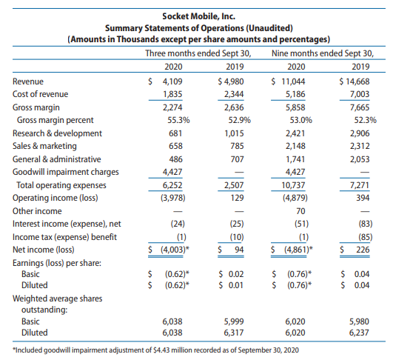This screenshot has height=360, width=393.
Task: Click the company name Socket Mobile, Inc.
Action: click(199, 16)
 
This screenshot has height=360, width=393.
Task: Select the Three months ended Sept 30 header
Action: click(198, 53)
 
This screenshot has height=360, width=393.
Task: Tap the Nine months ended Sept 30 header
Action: click(323, 53)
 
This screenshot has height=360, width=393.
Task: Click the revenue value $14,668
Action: click(355, 81)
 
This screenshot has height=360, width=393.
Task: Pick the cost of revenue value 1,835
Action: click(172, 94)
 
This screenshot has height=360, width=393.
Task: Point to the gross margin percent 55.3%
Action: click(178, 121)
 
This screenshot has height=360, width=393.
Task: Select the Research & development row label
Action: click(57, 133)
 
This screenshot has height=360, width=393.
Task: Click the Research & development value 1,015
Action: click(234, 133)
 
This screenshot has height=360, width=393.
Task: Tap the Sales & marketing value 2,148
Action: click(295, 146)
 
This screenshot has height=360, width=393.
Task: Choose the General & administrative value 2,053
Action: click(360, 159)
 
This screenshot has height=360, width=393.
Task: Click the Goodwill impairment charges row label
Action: click(66, 172)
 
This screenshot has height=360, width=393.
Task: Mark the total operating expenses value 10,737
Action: click(293, 185)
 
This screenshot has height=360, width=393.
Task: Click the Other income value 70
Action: click(300, 211)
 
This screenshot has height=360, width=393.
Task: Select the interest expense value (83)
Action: click(366, 224)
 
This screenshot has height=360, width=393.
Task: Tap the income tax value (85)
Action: click(366, 237)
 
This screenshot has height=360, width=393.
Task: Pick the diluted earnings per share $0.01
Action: click(231, 285)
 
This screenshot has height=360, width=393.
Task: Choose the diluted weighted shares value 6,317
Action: click(234, 333)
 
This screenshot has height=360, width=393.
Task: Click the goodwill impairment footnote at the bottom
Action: click(157, 350)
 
